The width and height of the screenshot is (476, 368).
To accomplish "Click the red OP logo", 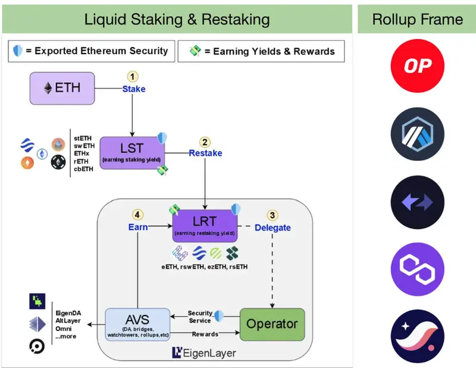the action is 418,66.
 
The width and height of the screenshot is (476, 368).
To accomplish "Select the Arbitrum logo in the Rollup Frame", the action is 418,134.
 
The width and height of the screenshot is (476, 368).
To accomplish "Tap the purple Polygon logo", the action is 418,269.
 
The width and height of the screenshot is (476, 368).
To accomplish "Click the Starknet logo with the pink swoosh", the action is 418,336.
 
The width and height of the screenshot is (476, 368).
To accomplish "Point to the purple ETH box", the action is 62,89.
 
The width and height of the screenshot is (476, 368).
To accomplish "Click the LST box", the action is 132,153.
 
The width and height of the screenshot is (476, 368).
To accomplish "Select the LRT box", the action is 205,226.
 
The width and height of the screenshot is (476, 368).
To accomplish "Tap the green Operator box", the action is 273,325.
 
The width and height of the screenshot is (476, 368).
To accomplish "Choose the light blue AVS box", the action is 137,325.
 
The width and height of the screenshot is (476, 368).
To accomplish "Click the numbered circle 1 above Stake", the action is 132,77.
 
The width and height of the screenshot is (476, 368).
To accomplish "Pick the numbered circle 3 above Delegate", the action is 273,215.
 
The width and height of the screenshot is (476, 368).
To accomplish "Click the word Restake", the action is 205,153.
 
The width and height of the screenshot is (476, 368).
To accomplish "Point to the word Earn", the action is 138,227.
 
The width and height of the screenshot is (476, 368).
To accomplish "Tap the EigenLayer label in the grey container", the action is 204,353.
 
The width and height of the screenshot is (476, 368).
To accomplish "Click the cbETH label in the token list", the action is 83,169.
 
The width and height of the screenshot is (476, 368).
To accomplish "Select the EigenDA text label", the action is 68,313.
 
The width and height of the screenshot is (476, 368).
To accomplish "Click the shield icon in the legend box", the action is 18,51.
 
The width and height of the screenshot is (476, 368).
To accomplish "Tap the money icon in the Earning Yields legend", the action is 195,51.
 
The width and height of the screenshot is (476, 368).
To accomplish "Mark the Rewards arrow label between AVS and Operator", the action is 205,334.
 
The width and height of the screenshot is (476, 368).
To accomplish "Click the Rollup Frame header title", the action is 418,20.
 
